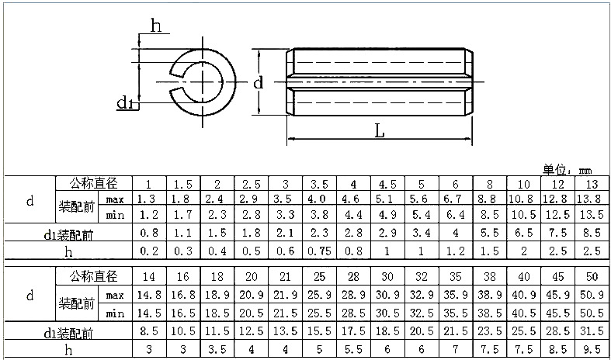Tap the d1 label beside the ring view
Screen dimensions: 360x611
pyautogui.click(x=125, y=102)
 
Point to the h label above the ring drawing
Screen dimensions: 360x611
pyautogui.click(x=156, y=26)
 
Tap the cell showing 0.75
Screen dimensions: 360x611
pyautogui.click(x=319, y=251)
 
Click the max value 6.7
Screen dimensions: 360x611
pyautogui.click(x=456, y=199)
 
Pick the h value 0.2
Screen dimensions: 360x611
pyautogui.click(x=148, y=251)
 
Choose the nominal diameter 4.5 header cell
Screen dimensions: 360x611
pyautogui.click(x=387, y=184)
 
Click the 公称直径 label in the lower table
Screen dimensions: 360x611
pyautogui.click(x=92, y=276)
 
